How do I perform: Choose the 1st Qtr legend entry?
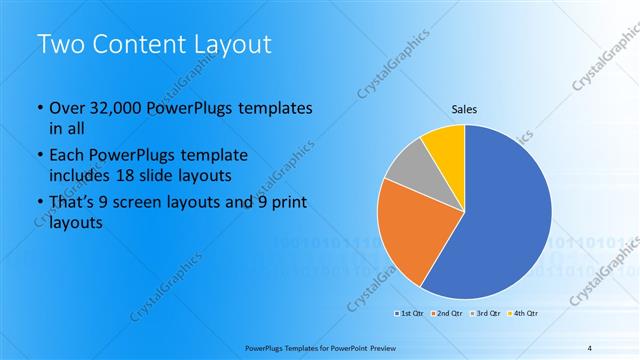(x=408, y=314)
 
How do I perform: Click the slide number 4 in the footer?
(x=590, y=347)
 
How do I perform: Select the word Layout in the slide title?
(x=231, y=45)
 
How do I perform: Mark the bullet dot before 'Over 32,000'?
(x=39, y=108)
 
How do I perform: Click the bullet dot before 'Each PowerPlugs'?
(x=39, y=156)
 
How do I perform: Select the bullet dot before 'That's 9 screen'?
(x=39, y=204)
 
